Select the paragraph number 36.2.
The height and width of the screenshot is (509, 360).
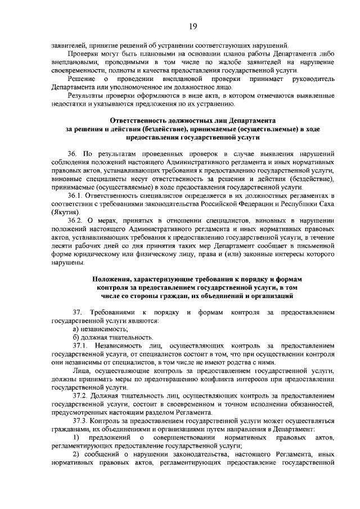[75, 219]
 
